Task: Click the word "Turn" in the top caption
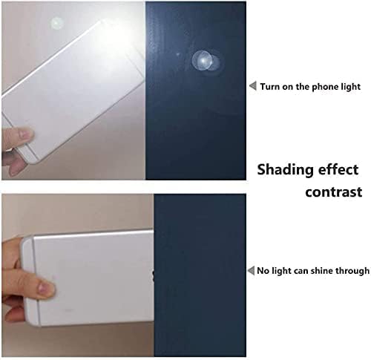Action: (269, 87)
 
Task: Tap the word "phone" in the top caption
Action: (325, 87)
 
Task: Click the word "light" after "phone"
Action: (350, 87)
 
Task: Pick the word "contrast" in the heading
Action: (334, 192)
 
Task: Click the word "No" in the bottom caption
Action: (263, 271)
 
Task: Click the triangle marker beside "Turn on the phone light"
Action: (253, 86)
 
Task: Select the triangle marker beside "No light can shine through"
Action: (251, 270)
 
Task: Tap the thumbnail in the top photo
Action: (24, 134)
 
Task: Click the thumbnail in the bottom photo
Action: (45, 287)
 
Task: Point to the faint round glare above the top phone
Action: (57, 23)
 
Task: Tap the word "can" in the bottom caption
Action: (301, 272)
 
